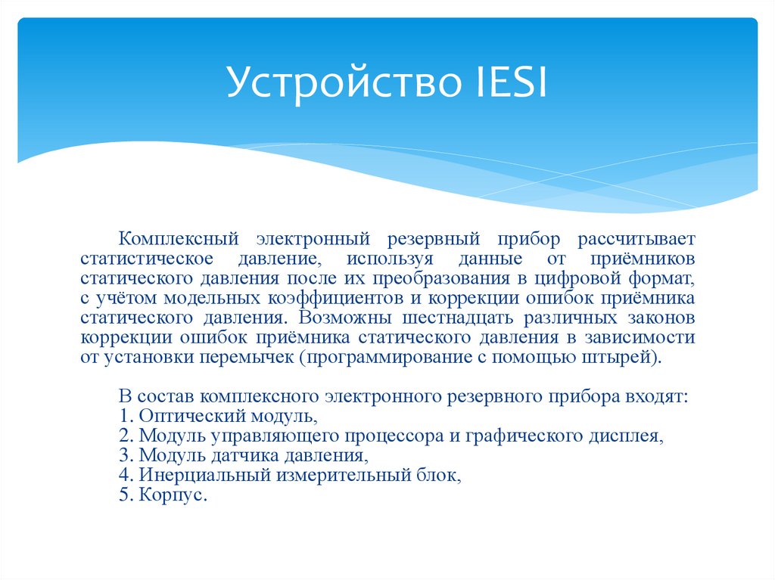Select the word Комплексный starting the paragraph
click(x=178, y=240)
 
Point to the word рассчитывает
click(x=636, y=240)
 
